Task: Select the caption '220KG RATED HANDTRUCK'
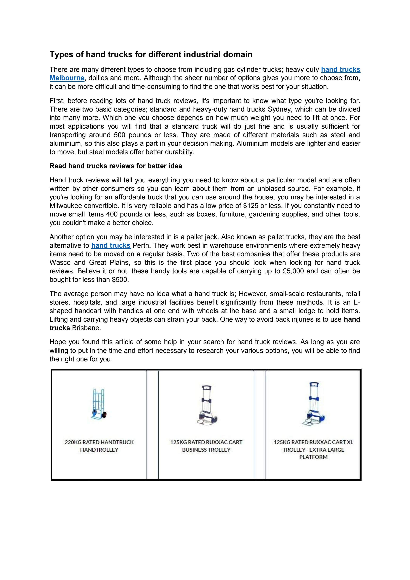[99, 442]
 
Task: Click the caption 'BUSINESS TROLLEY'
[206, 450]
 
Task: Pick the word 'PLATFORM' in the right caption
[313, 457]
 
